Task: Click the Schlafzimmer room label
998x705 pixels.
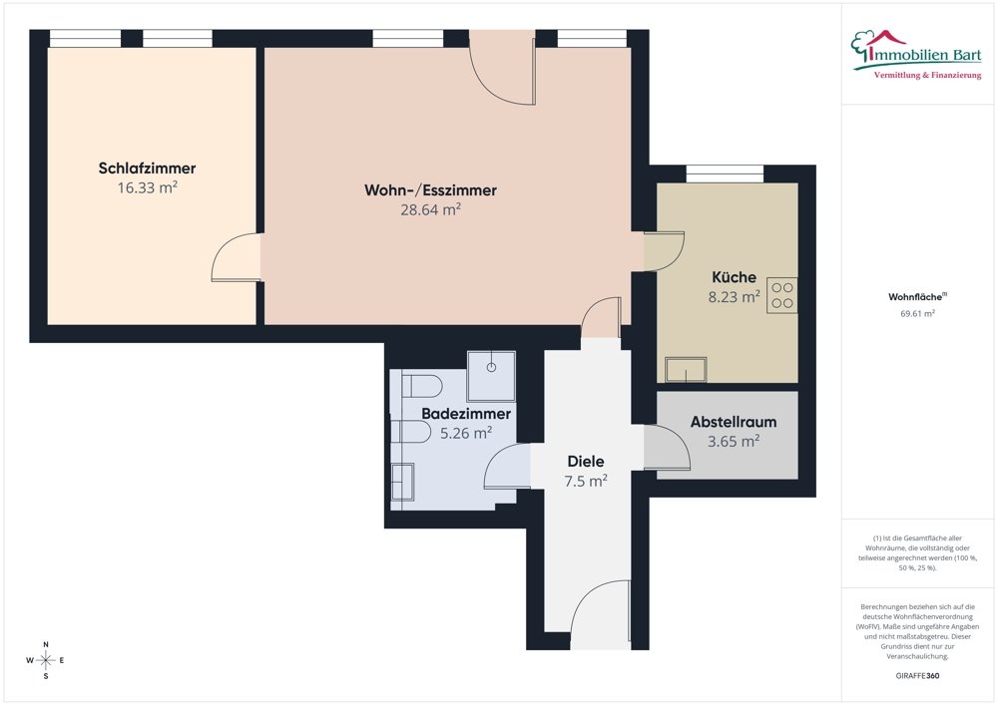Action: (147, 169)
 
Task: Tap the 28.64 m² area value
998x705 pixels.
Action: (430, 209)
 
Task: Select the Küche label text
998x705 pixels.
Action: (734, 277)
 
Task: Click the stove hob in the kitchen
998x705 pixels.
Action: (782, 295)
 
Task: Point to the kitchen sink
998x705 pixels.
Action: (686, 369)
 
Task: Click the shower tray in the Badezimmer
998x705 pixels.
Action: (491, 376)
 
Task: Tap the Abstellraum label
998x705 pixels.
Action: (734, 422)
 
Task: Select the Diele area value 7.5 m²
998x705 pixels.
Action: (586, 481)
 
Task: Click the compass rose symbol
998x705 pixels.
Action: (46, 660)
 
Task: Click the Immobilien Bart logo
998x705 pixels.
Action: (916, 55)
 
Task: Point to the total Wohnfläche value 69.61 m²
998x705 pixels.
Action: (917, 313)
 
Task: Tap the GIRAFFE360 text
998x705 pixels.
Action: (917, 676)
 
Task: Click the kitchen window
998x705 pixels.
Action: (725, 174)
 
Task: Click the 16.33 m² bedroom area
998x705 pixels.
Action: (147, 187)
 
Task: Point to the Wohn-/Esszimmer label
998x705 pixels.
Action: (430, 190)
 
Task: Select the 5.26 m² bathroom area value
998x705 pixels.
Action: (466, 433)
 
